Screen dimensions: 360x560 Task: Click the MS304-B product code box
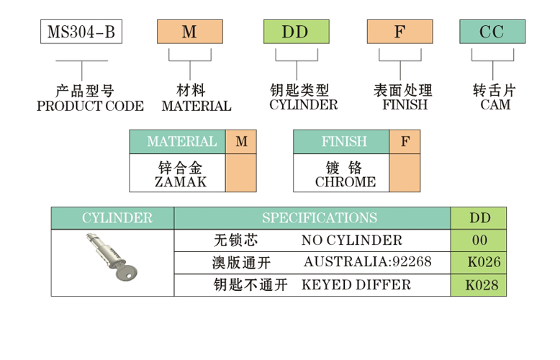click(x=81, y=32)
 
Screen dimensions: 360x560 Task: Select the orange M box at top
click(x=190, y=32)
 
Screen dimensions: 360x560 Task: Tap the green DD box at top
click(x=295, y=32)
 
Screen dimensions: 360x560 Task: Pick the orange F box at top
click(x=400, y=32)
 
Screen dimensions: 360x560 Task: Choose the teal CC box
click(x=492, y=32)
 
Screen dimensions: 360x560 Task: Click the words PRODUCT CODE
click(x=90, y=107)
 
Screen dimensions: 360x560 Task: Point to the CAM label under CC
click(x=495, y=105)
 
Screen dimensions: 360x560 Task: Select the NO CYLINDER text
click(x=351, y=240)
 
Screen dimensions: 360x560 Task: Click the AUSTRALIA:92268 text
click(x=367, y=262)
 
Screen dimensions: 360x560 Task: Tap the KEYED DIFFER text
click(x=356, y=284)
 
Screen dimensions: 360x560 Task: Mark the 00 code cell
click(x=479, y=240)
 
